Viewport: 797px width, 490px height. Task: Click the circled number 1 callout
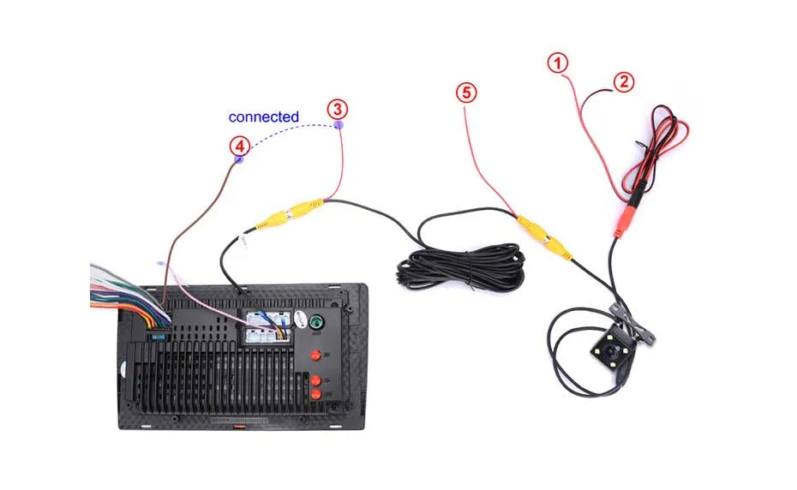click(x=558, y=63)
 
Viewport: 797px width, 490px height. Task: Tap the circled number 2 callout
click(x=625, y=82)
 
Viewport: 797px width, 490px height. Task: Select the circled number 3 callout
click(x=339, y=109)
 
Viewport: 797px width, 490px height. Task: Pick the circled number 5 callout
click(x=466, y=93)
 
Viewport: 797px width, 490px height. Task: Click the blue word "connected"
click(x=264, y=117)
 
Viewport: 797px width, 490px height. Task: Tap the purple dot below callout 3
click(x=339, y=125)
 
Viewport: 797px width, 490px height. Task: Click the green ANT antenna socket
click(x=317, y=323)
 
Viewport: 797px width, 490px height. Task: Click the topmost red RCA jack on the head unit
click(x=315, y=356)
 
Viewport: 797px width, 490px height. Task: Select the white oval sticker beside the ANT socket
click(x=299, y=318)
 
